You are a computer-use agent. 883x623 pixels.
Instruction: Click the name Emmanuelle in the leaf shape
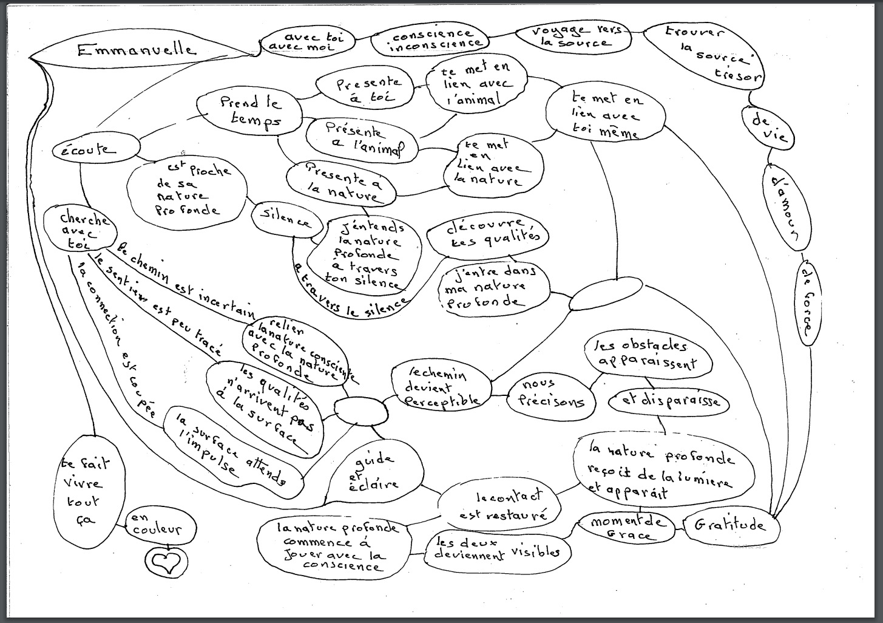[x=137, y=50]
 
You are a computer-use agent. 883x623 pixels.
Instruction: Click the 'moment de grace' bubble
[x=621, y=528]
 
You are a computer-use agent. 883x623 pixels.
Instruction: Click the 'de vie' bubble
[x=768, y=128]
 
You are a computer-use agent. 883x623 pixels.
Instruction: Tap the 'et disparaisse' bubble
[x=669, y=401]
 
